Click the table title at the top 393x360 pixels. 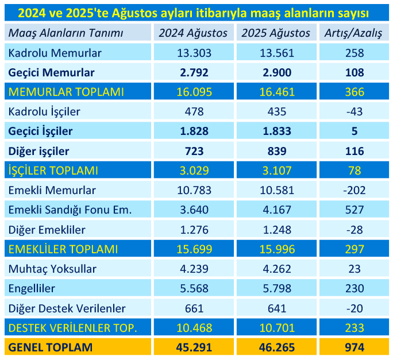click(x=196, y=13)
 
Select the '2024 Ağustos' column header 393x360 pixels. click(x=194, y=33)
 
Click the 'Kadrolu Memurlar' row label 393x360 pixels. click(x=55, y=53)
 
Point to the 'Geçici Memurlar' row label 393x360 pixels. click(x=51, y=72)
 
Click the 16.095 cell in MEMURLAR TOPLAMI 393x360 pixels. click(x=194, y=92)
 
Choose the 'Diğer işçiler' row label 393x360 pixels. click(x=38, y=151)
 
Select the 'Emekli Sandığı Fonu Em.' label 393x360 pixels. click(x=70, y=210)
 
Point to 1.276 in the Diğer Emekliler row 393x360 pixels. click(x=194, y=230)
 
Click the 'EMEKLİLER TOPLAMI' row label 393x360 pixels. click(x=63, y=249)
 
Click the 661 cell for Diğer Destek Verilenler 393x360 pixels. click(x=194, y=308)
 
